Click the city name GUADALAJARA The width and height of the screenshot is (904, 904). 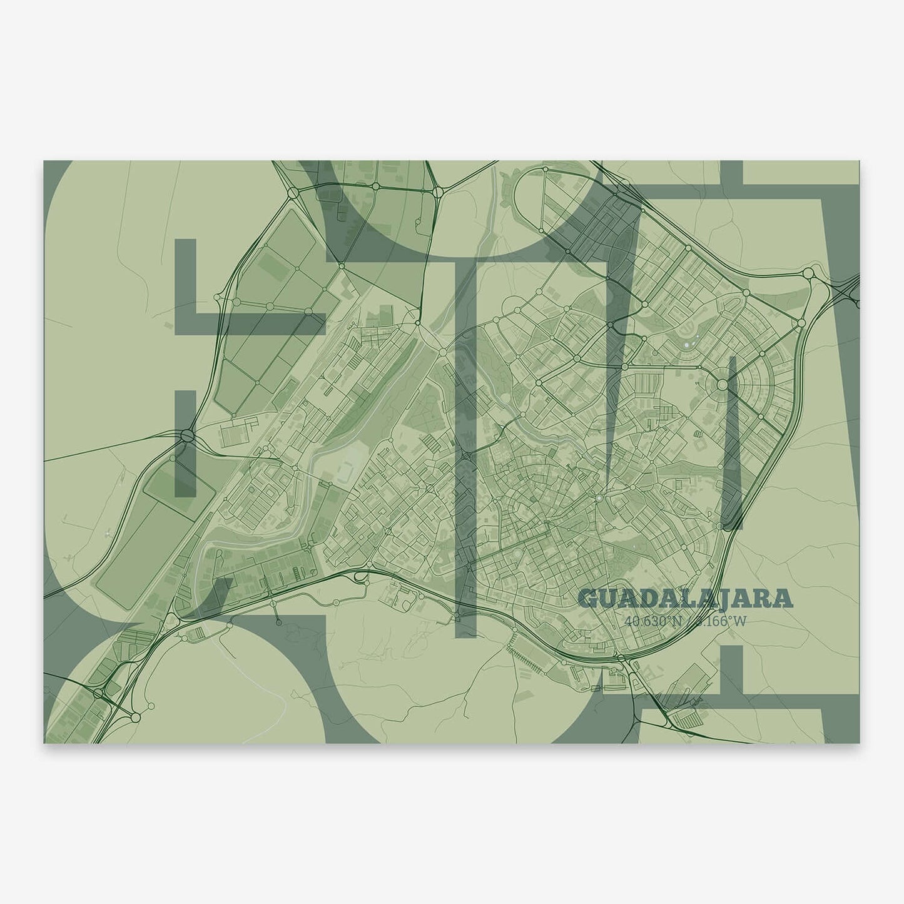[686, 599]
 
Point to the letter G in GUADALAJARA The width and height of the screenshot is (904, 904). [587, 599]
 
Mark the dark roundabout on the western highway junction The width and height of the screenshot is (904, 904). [188, 435]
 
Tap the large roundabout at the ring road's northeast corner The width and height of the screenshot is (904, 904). [808, 273]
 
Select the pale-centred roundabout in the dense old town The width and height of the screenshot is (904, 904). [599, 498]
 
